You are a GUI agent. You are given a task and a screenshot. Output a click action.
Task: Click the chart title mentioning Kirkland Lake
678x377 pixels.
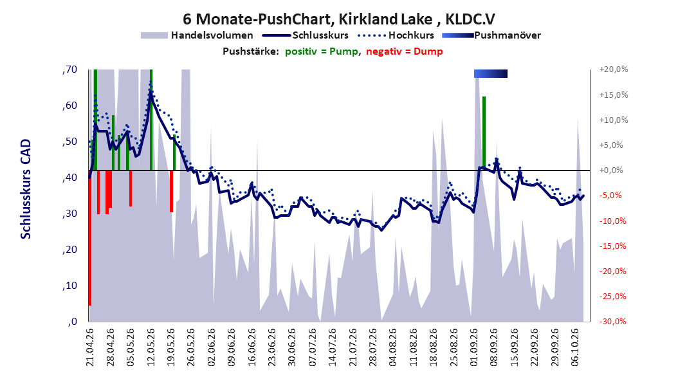[338, 19]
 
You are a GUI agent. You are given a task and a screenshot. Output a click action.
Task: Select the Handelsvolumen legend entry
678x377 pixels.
[197, 35]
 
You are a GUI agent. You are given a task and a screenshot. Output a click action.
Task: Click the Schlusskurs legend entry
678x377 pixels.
[306, 35]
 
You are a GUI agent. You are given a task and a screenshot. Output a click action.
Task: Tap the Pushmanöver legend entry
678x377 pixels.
[491, 35]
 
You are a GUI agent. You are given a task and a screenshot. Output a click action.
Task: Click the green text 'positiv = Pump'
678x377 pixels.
[322, 51]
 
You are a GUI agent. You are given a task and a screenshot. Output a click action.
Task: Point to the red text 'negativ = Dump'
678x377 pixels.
[405, 51]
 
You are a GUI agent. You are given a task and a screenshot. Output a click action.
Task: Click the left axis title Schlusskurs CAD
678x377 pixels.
[26, 188]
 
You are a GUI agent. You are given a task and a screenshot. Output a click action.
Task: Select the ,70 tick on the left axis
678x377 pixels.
[69, 69]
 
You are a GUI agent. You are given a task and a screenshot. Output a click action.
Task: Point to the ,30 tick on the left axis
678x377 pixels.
[69, 214]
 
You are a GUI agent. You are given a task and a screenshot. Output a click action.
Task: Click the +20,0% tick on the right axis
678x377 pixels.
[614, 69]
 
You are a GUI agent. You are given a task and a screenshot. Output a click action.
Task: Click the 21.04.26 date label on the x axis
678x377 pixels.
[89, 347]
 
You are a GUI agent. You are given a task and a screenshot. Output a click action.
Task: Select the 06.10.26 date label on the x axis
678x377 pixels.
[575, 347]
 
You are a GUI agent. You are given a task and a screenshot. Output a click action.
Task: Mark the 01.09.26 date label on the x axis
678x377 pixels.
[474, 347]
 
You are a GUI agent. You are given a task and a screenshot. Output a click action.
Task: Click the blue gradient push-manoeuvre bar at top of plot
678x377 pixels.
[491, 73]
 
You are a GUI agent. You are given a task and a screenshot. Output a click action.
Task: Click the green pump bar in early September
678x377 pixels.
[484, 133]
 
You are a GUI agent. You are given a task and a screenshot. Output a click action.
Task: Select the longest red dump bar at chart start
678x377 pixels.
[90, 238]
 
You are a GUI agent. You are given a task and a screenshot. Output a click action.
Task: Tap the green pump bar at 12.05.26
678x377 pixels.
[151, 120]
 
